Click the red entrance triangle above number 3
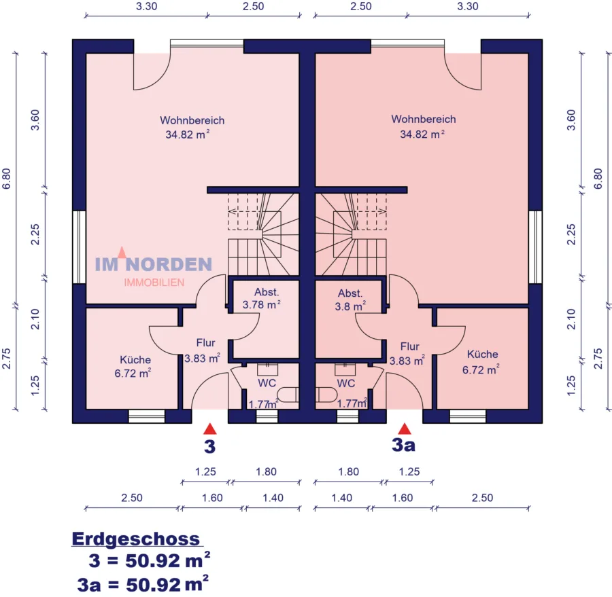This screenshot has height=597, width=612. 209,429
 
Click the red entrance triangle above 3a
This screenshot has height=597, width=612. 405,429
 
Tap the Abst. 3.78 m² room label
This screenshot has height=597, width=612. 262,298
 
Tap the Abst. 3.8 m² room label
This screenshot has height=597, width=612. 350,300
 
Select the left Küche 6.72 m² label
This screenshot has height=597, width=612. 133,367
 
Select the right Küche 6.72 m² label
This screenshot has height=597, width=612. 481,362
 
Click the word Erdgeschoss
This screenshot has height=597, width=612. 136,539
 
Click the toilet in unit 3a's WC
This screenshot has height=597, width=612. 326,395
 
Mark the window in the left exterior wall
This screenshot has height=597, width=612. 80,247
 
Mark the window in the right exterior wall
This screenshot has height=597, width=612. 536,247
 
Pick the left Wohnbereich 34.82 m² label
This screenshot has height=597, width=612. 192,127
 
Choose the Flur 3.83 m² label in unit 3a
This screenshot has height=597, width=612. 407,354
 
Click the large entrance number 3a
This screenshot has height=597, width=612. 403,445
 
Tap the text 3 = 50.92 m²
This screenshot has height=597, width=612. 150,560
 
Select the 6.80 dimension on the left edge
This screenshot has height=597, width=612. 6,179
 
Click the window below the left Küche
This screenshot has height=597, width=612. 147,416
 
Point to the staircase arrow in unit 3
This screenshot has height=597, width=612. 243,212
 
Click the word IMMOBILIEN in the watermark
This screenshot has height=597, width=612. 154,283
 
